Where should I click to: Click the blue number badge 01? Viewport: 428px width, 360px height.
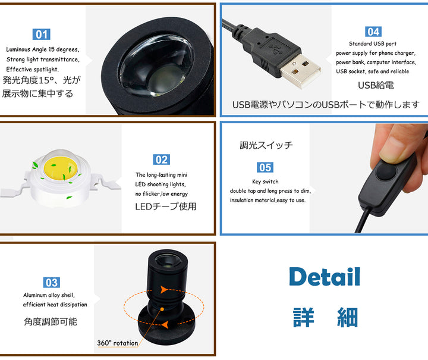(x=42, y=35)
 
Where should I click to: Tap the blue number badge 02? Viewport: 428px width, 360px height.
(x=161, y=159)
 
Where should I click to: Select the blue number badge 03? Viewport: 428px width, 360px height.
(x=52, y=283)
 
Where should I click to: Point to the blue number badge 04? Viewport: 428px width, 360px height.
(x=373, y=32)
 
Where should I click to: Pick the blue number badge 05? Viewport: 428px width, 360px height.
(x=265, y=167)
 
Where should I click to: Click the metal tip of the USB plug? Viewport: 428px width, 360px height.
(x=300, y=70)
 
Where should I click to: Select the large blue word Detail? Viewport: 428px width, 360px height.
(x=325, y=277)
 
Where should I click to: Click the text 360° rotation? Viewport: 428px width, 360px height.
(x=118, y=343)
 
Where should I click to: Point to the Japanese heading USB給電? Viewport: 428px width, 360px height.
(x=376, y=85)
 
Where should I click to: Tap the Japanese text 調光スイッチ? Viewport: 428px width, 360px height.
(x=266, y=145)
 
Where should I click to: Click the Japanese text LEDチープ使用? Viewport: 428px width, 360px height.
(x=166, y=206)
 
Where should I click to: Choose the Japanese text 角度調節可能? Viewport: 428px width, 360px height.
(x=51, y=321)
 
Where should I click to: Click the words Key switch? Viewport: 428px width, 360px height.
(x=265, y=181)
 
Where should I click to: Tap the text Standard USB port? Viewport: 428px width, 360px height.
(x=373, y=43)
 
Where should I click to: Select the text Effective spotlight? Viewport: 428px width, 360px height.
(x=33, y=70)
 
